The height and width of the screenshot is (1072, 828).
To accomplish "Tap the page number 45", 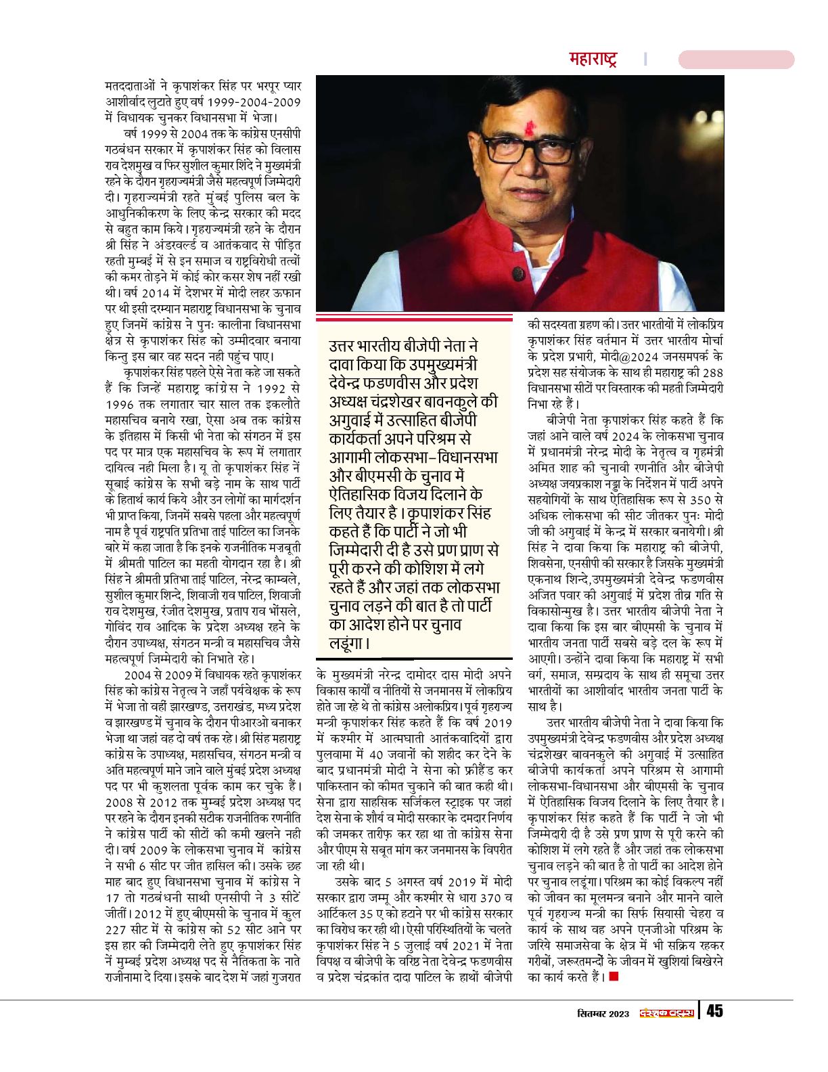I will [x=714, y=1011].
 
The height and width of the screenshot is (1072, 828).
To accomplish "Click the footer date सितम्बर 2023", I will [x=603, y=1013].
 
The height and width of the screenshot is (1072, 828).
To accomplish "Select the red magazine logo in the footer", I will [x=667, y=1012].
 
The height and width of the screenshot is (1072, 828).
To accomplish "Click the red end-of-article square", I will [x=614, y=976].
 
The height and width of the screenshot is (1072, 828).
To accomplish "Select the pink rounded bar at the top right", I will [x=736, y=59].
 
